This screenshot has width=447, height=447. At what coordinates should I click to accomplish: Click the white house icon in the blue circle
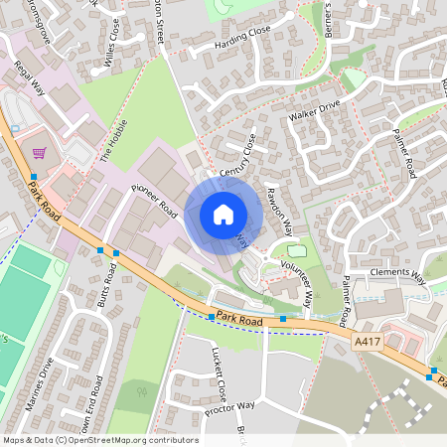pyautogui.click(x=223, y=215)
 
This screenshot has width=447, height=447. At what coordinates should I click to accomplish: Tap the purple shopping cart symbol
pyautogui.click(x=39, y=153)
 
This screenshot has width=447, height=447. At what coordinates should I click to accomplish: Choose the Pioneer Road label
pyautogui.click(x=154, y=200)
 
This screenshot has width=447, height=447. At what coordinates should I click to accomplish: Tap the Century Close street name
pyautogui.click(x=237, y=158)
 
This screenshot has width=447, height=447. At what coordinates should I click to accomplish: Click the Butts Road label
pyautogui.click(x=104, y=288)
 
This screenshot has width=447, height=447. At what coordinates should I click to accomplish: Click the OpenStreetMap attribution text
pyautogui.click(x=100, y=440)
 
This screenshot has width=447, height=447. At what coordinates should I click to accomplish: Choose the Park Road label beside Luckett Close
pyautogui.click(x=236, y=319)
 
